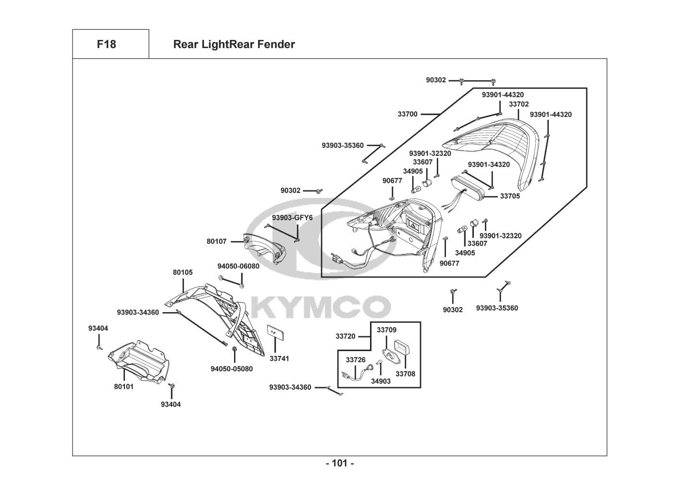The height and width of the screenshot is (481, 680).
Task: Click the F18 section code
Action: coord(106,44)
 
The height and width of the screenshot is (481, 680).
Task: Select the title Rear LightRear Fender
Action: coord(234,44)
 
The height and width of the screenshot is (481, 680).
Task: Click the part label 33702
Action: coord(519,104)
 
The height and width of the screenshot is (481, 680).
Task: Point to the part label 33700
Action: coord(408,114)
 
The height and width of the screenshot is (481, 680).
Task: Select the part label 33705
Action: coord(510,196)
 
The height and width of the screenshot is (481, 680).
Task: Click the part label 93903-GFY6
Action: coord(292,218)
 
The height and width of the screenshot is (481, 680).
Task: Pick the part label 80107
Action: coord(216,241)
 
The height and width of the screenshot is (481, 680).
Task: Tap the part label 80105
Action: coord(183,272)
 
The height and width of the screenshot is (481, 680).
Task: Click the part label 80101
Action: coord(124,387)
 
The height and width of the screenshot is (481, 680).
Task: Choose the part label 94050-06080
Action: coord(238,266)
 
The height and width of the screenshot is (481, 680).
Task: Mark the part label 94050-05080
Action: coord(232,369)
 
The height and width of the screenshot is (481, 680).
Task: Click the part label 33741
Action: coord(279,358)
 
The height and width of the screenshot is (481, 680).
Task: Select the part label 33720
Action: coord(346,336)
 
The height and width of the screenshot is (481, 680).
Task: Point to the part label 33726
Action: coord(356,360)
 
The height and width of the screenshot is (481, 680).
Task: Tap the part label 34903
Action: coord(381,381)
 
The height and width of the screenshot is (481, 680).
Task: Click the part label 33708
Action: coord(405,374)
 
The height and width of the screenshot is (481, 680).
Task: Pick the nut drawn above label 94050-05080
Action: coord(234,349)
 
